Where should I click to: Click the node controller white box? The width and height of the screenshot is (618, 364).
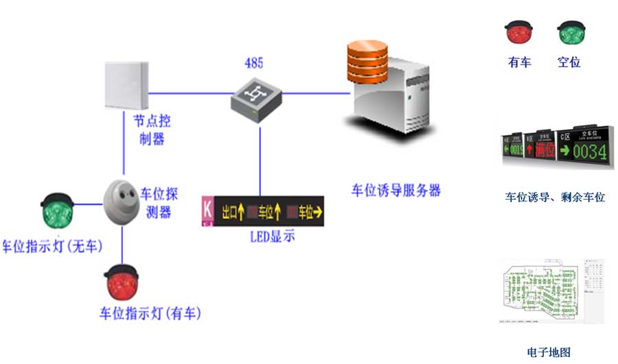[127, 85]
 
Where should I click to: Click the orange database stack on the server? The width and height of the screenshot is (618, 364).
[367, 60]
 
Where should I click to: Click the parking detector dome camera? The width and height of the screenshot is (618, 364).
[122, 199]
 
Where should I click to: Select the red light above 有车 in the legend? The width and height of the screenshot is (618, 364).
[519, 32]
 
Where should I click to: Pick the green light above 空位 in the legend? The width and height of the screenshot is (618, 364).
[570, 32]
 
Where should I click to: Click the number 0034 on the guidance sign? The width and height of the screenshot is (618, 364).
[590, 150]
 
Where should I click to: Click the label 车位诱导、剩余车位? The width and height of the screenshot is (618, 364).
[555, 197]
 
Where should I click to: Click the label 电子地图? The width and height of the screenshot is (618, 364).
[549, 352]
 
